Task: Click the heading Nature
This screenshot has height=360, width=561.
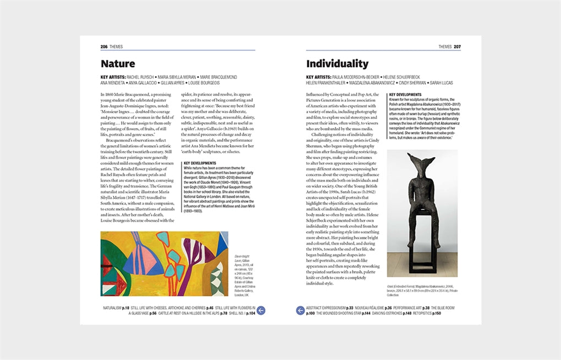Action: click(118, 64)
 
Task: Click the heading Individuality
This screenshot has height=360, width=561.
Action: click(337, 64)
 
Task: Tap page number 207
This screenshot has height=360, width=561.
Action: click(457, 47)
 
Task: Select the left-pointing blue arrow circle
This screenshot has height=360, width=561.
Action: click(261, 311)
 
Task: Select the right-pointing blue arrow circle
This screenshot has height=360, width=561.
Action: click(300, 311)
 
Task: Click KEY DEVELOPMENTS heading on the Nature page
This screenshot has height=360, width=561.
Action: click(200, 163)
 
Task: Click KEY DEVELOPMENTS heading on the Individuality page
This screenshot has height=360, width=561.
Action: click(406, 95)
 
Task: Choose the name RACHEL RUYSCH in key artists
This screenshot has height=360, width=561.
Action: click(141, 77)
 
